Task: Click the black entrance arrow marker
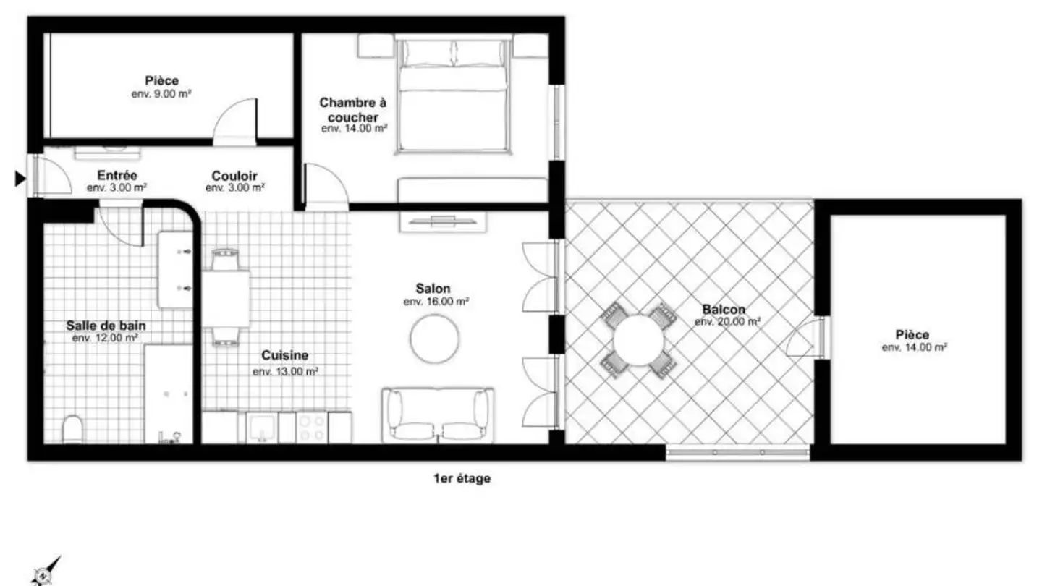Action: click(20, 179)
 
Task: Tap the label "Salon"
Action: click(433, 289)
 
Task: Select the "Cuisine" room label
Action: click(284, 356)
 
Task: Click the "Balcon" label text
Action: click(724, 310)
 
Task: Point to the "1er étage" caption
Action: click(462, 479)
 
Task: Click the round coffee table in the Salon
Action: click(434, 339)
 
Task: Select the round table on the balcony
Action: click(639, 341)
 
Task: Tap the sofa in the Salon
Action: click(437, 415)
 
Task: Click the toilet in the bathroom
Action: click(72, 429)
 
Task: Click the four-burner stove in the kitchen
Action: click(312, 428)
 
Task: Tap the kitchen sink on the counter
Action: click(262, 428)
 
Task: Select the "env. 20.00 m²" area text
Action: click(727, 322)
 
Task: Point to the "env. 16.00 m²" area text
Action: click(436, 302)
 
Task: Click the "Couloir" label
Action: click(234, 177)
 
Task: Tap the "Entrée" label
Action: click(117, 176)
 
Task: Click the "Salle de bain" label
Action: click(106, 326)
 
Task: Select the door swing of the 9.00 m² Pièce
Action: click(235, 122)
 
